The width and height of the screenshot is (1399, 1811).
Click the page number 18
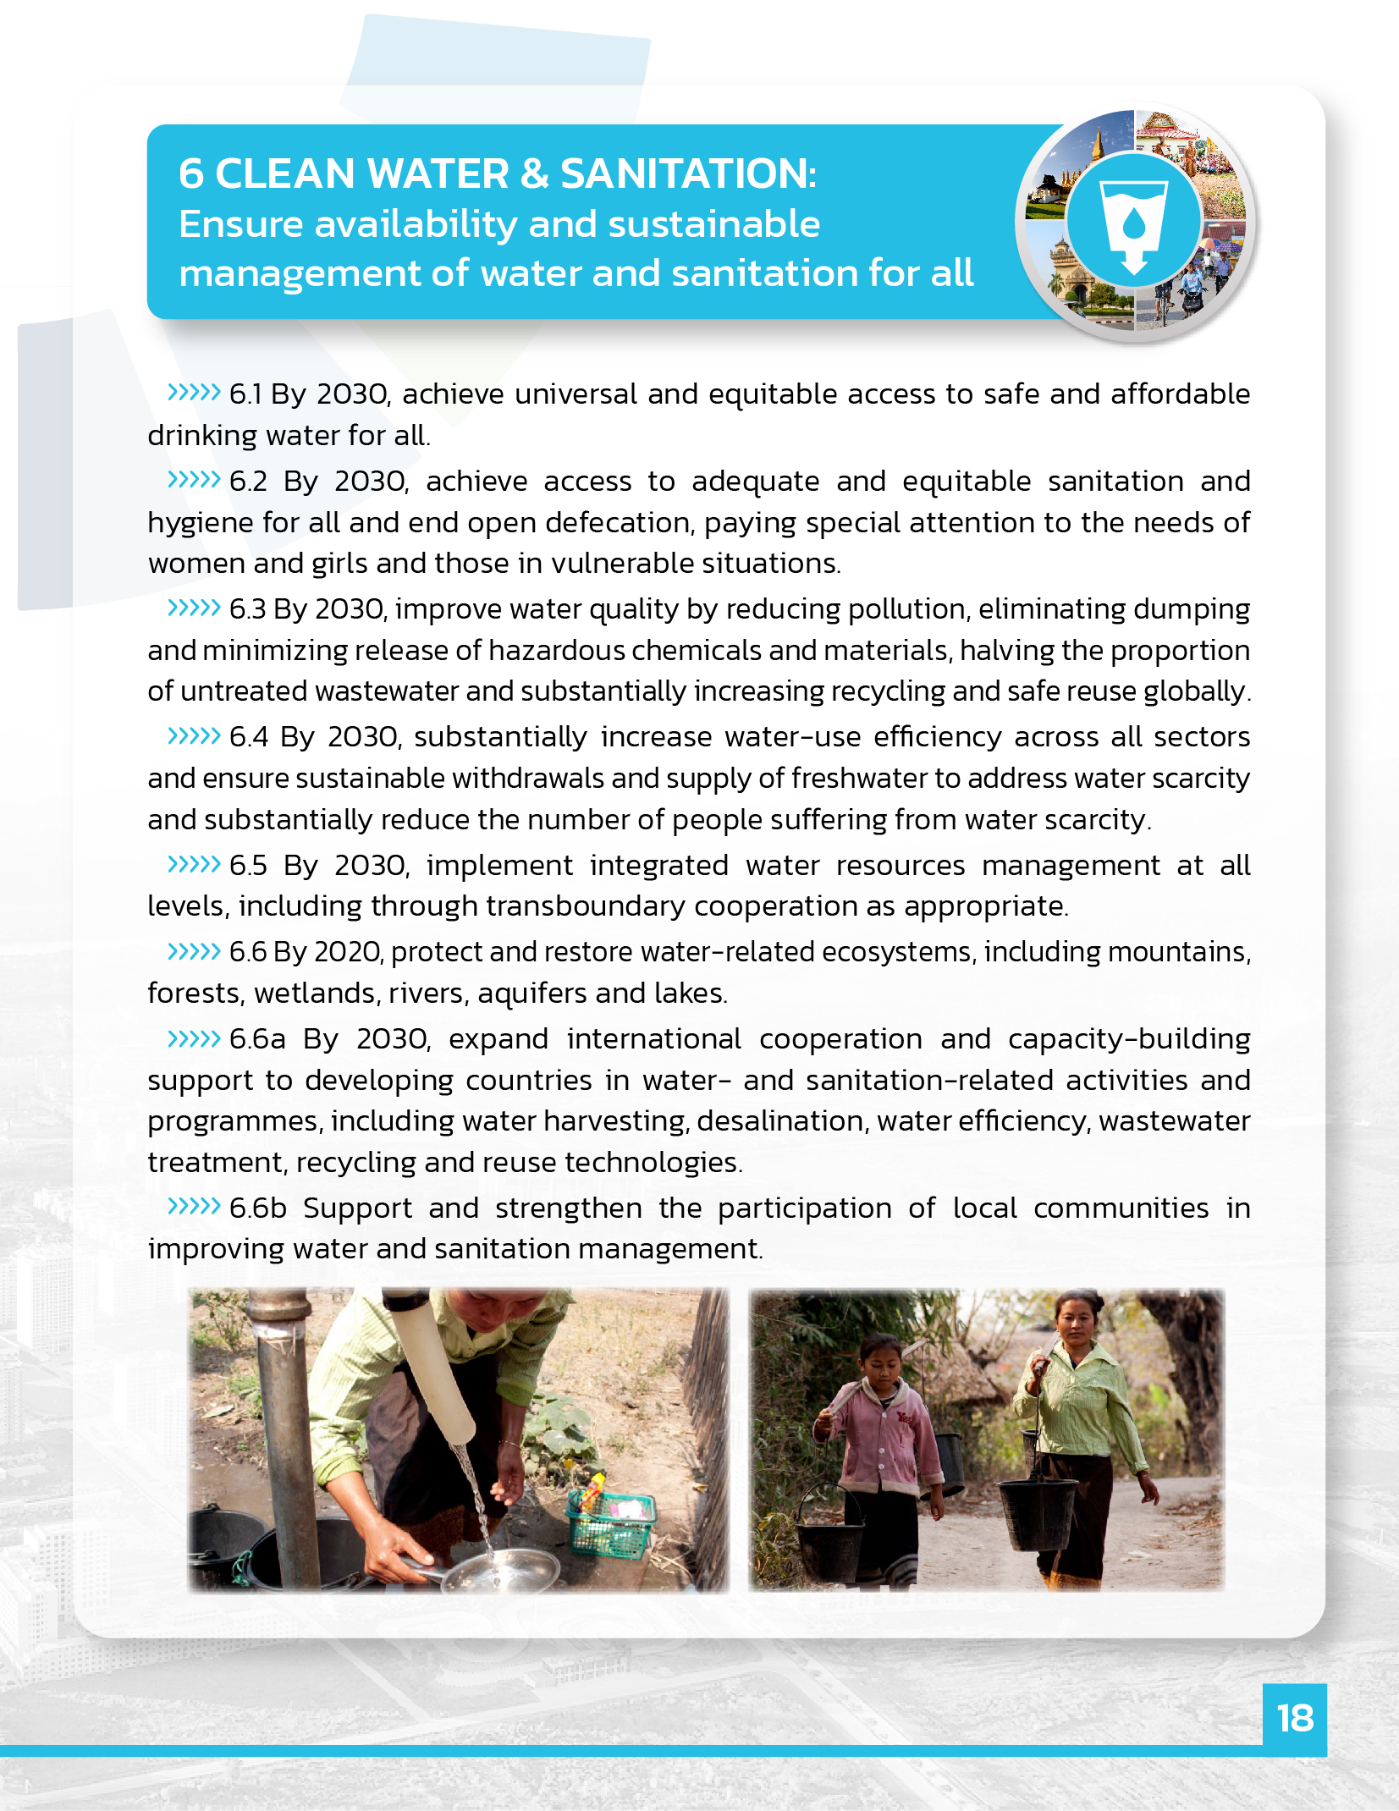click(1294, 1719)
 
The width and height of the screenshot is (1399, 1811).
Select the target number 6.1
click(245, 394)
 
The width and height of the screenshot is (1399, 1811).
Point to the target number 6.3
click(247, 609)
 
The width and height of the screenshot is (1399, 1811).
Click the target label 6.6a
click(257, 1039)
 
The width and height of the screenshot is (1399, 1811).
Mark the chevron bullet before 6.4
click(194, 736)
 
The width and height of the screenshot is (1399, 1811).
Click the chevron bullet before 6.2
click(194, 481)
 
